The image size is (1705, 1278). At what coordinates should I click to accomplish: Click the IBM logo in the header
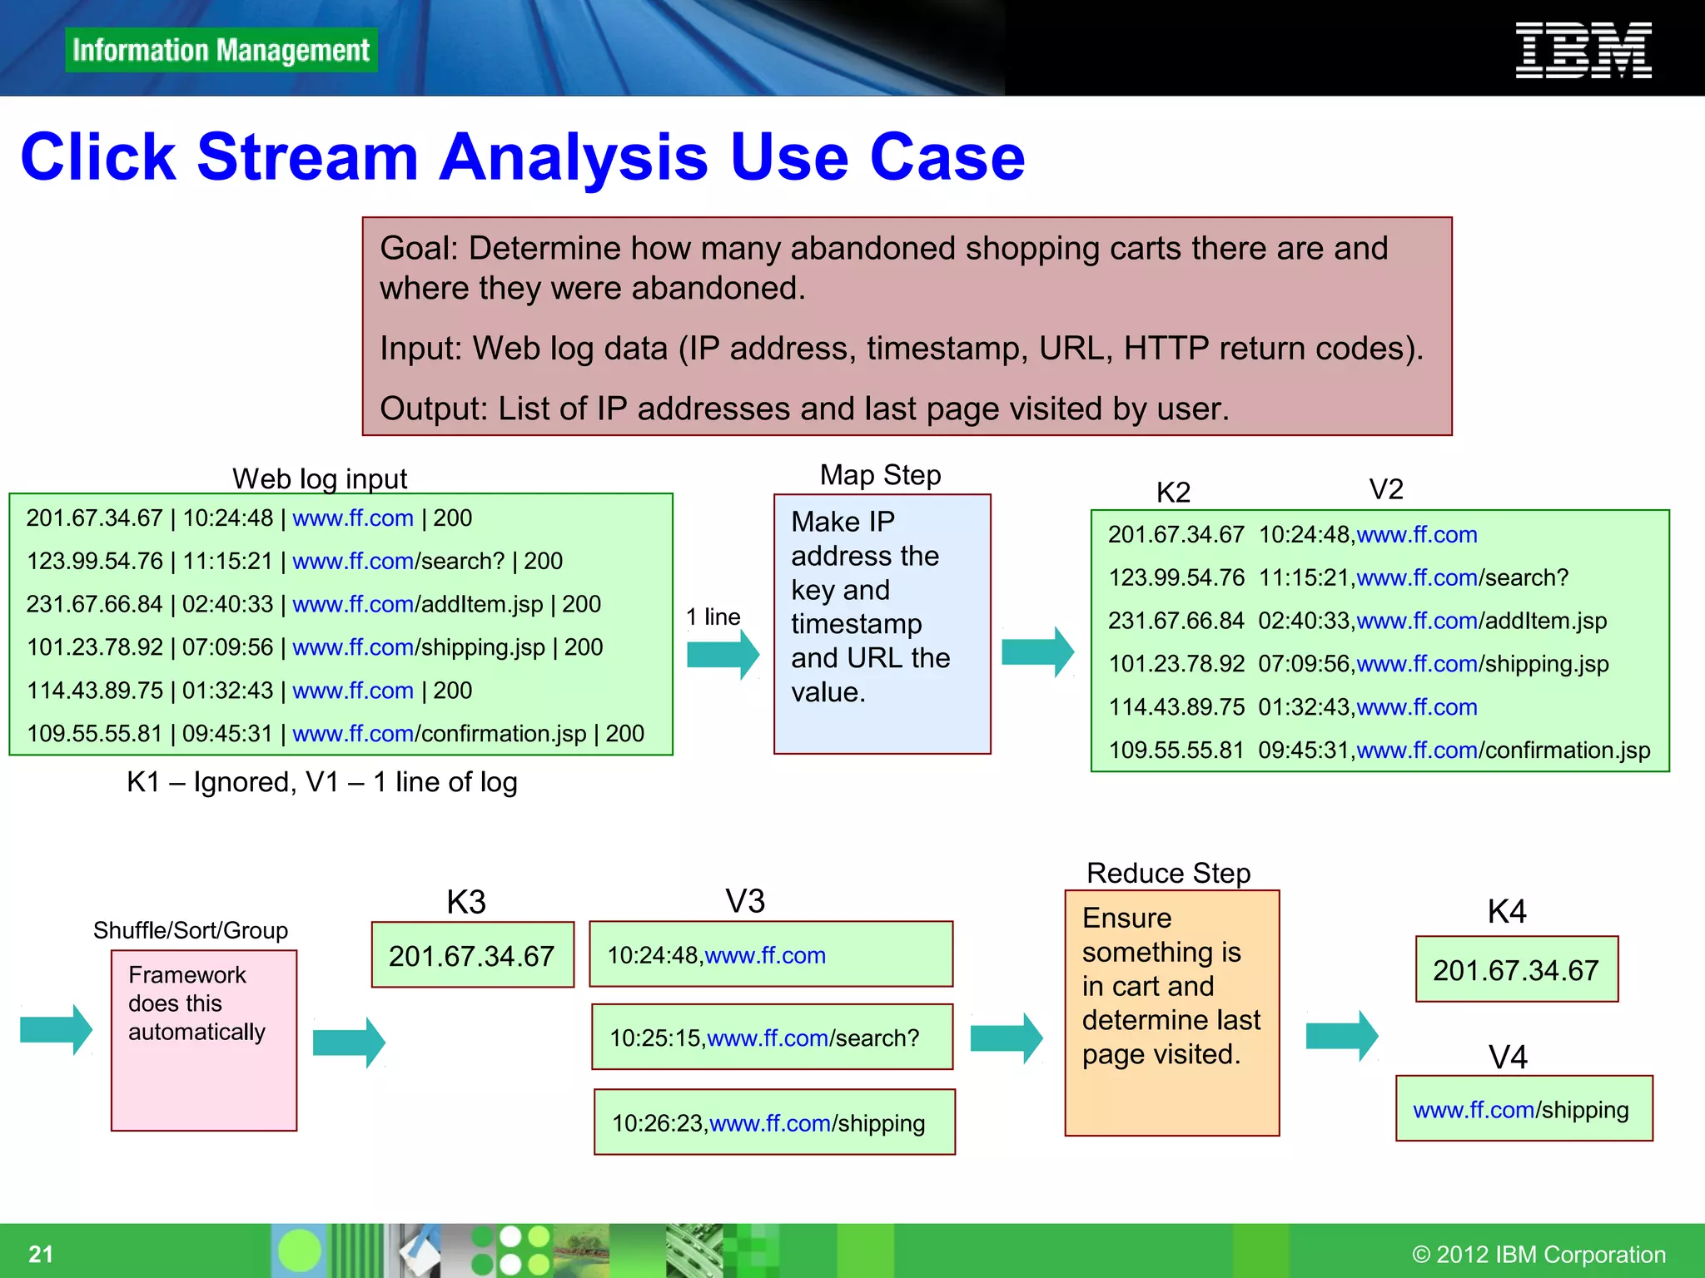pyautogui.click(x=1583, y=51)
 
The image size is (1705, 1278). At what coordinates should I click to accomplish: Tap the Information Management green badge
pyautogui.click(x=221, y=50)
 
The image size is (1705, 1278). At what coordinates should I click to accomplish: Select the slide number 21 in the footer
pyautogui.click(x=41, y=1254)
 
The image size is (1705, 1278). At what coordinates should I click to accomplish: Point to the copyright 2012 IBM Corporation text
pyautogui.click(x=1538, y=1254)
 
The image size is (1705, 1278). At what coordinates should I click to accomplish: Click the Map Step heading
pyautogui.click(x=880, y=475)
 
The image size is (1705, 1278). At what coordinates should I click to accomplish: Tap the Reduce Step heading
pyautogui.click(x=1168, y=873)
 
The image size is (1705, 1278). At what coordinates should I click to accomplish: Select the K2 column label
pyautogui.click(x=1173, y=493)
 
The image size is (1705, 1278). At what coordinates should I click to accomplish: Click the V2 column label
pyautogui.click(x=1386, y=489)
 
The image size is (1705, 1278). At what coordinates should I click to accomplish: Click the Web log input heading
pyautogui.click(x=320, y=478)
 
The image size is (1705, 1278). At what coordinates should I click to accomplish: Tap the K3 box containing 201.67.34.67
pyautogui.click(x=472, y=955)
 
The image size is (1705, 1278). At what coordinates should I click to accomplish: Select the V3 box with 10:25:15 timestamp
pyautogui.click(x=772, y=1038)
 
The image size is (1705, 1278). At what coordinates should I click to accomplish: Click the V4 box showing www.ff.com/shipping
pyautogui.click(x=1524, y=1109)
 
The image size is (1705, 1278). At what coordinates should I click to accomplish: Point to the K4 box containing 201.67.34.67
pyautogui.click(x=1516, y=969)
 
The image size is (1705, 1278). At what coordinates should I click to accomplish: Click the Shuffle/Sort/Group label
pyautogui.click(x=191, y=930)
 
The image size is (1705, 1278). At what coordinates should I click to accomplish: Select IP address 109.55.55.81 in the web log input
pyautogui.click(x=95, y=734)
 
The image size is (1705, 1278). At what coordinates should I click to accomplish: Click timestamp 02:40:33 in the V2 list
pyautogui.click(x=1304, y=621)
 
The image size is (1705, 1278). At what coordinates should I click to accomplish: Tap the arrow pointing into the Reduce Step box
pyautogui.click(x=1006, y=1038)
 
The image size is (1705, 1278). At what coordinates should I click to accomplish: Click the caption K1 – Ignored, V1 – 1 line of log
pyautogui.click(x=322, y=782)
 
